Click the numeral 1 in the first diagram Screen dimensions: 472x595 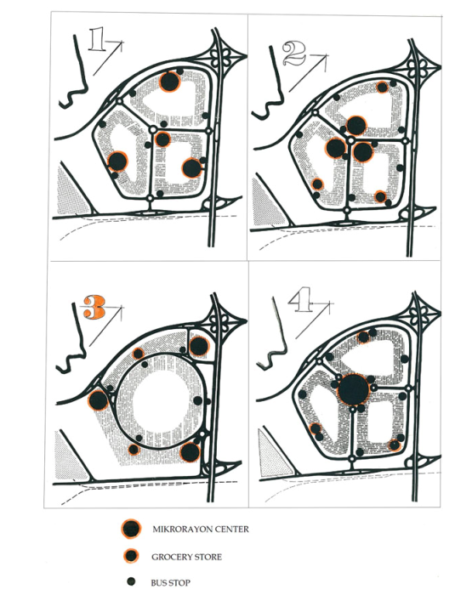coord(97,40)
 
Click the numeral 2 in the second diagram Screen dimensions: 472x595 coord(294,54)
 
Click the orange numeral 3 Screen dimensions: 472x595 coord(94,308)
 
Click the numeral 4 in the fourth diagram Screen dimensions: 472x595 coord(301,300)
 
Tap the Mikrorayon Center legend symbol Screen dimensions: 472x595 coord(131,529)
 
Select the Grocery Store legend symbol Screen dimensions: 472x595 coord(131,556)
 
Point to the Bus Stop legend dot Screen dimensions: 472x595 coord(131,581)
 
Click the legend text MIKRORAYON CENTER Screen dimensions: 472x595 coord(201,529)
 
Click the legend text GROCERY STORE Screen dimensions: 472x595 coord(186,557)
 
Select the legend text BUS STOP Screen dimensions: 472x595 coord(170,582)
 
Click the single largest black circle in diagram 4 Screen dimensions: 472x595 coord(353,389)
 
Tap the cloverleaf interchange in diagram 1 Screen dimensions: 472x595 coord(220,57)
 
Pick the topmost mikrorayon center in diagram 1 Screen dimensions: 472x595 coord(169,82)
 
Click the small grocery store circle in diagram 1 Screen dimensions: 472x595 coord(163,139)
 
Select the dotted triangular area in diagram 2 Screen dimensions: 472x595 coord(266,203)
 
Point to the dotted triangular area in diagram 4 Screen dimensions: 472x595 coord(273,452)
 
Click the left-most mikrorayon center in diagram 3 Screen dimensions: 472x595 coord(99,400)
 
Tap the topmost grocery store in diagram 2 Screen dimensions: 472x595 coord(382,88)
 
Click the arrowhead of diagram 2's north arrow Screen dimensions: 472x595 coord(326,58)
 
